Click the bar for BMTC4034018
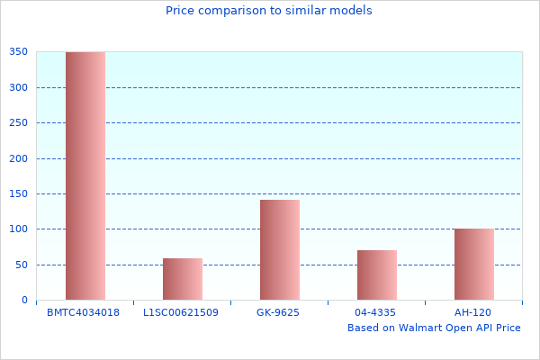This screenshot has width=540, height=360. point(85,175)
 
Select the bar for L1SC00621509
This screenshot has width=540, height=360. point(183,279)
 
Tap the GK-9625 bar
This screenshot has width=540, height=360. point(280,249)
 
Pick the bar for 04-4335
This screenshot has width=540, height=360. point(377,274)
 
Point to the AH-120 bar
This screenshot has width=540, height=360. point(474,264)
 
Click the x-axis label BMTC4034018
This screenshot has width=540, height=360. point(84,312)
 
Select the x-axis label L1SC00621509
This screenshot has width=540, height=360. point(181,312)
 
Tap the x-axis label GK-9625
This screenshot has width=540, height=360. point(278,312)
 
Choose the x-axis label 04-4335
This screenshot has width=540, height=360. point(375,312)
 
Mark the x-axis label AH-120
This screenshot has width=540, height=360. point(472,312)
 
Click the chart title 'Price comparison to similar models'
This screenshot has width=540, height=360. point(269,11)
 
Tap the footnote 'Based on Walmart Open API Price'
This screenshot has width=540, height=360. point(434,328)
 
